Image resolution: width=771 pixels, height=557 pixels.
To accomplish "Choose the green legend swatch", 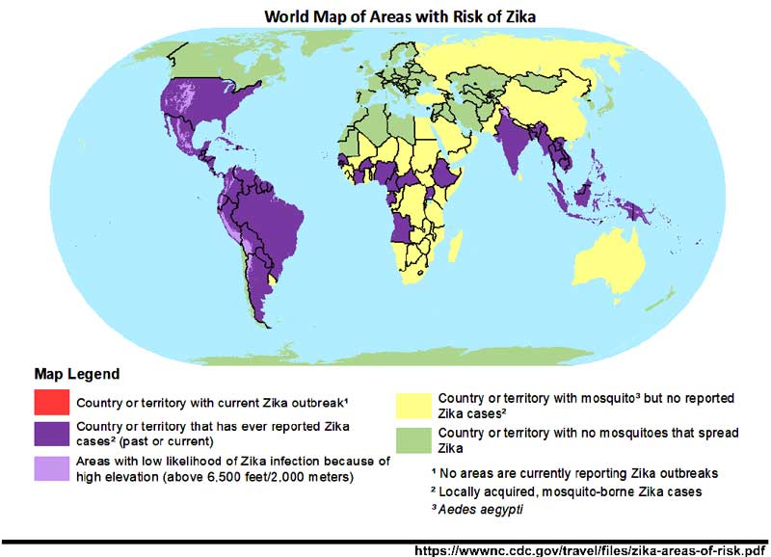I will (415, 438).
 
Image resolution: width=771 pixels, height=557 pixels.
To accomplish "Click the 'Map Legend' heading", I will (77, 374).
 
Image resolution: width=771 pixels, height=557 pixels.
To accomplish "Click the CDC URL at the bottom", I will (589, 549).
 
